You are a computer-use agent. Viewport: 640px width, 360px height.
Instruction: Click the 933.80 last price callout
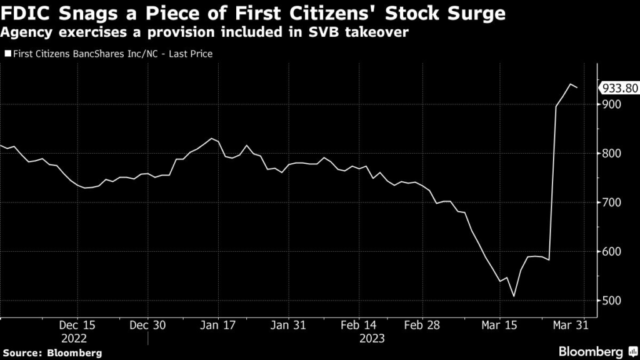(619, 88)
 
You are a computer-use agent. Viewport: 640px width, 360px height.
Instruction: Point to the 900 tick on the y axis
(612, 104)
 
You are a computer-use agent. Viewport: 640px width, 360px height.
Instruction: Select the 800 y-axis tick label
(612, 154)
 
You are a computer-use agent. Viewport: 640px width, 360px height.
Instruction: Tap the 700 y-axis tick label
(612, 202)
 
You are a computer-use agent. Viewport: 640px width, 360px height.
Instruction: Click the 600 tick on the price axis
(612, 252)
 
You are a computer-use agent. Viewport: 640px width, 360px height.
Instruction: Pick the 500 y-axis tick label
(612, 301)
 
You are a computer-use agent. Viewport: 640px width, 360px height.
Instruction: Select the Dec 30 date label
(148, 326)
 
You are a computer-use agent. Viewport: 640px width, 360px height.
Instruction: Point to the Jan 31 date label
(288, 326)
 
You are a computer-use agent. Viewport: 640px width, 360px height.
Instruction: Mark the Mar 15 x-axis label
(499, 326)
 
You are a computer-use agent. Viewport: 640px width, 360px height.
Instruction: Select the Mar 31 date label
(569, 326)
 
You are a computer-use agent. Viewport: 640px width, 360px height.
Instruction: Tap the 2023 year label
(372, 338)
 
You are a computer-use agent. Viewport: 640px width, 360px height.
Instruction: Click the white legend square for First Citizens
(7, 54)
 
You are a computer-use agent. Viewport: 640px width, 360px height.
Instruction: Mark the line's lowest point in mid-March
(513, 296)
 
